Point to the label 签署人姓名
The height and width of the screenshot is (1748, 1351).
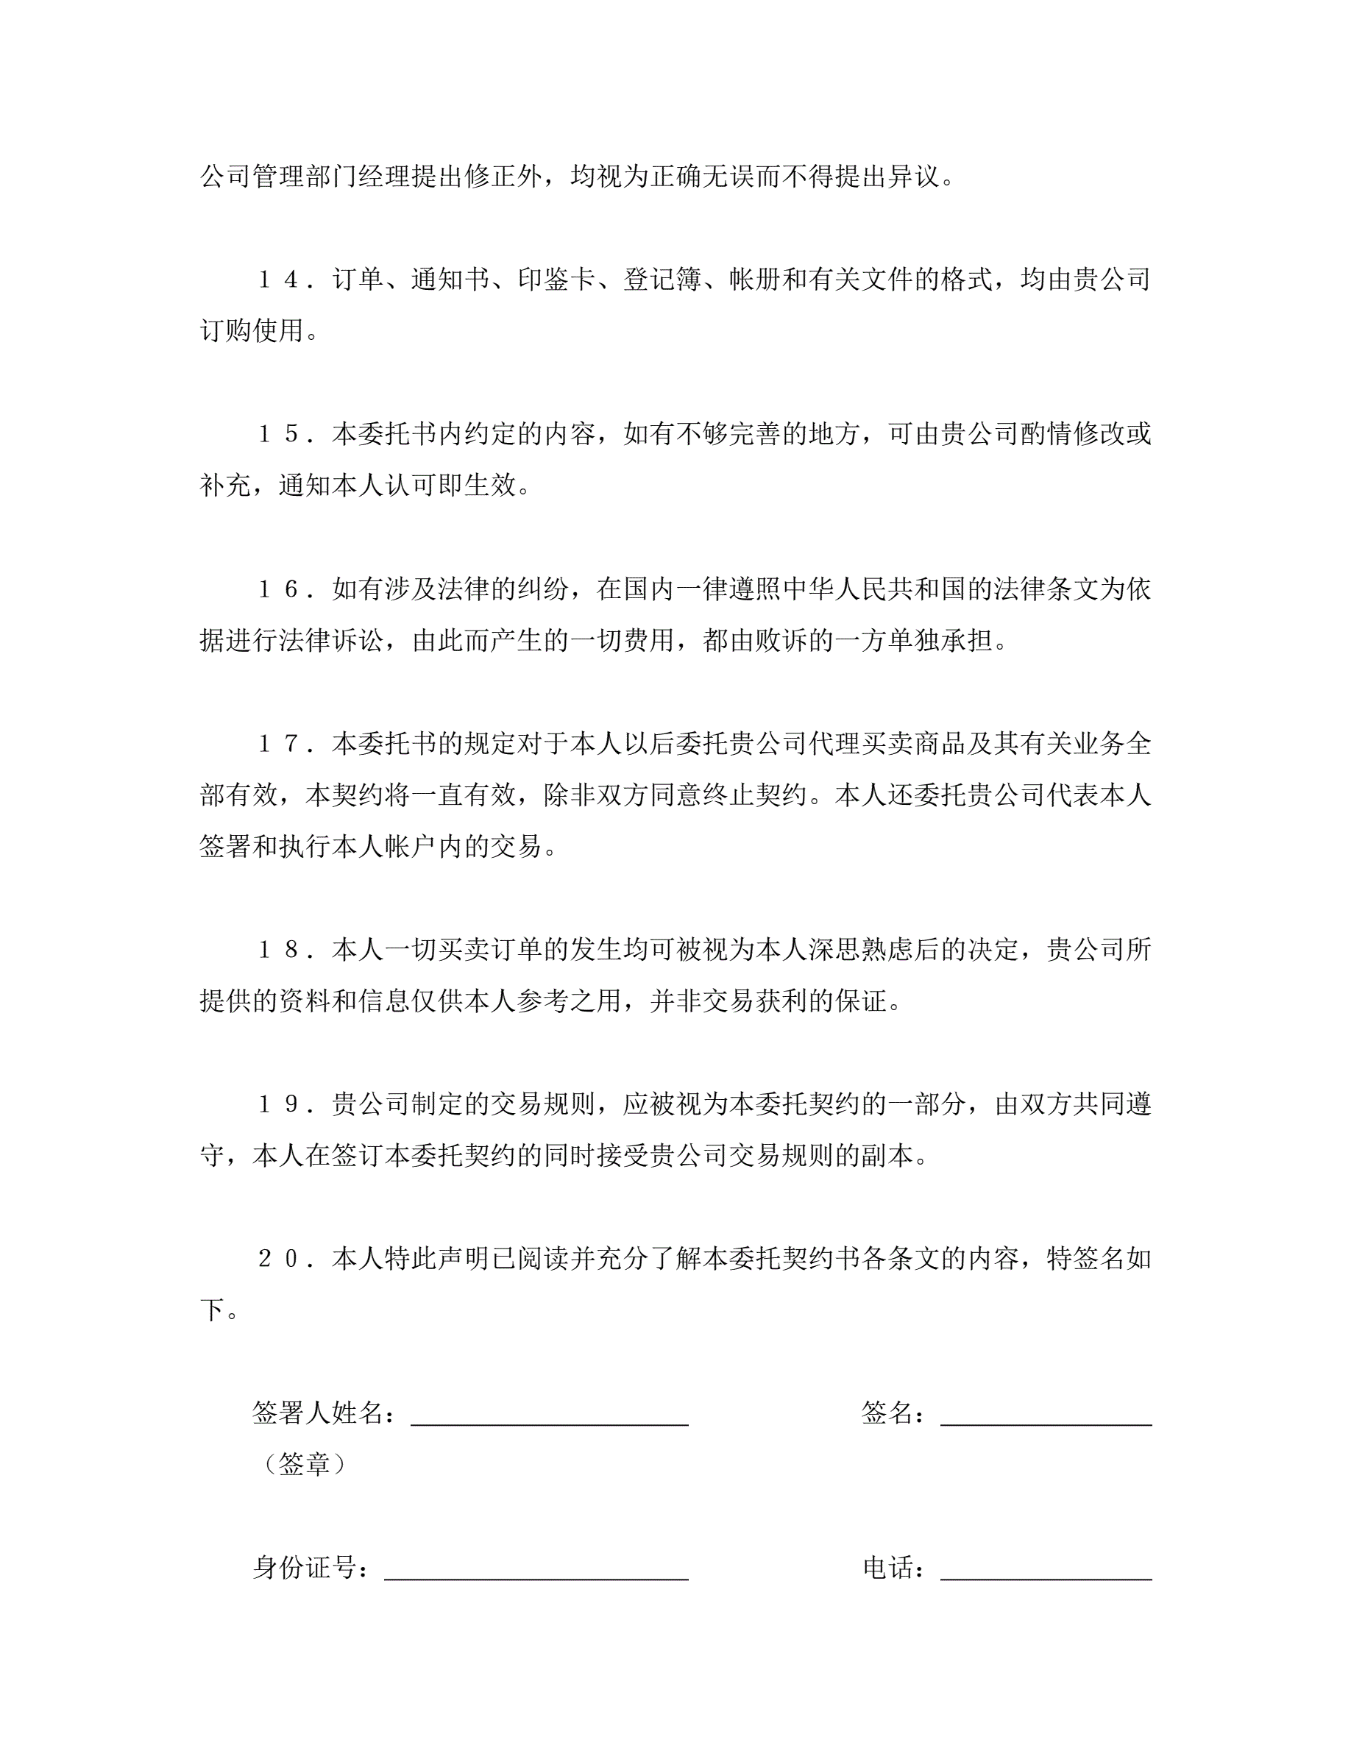[318, 1413]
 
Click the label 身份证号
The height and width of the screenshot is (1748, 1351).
[305, 1568]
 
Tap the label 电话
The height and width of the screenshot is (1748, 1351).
[888, 1568]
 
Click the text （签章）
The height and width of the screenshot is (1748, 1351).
[305, 1465]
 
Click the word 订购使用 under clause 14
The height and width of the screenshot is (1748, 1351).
[252, 330]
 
